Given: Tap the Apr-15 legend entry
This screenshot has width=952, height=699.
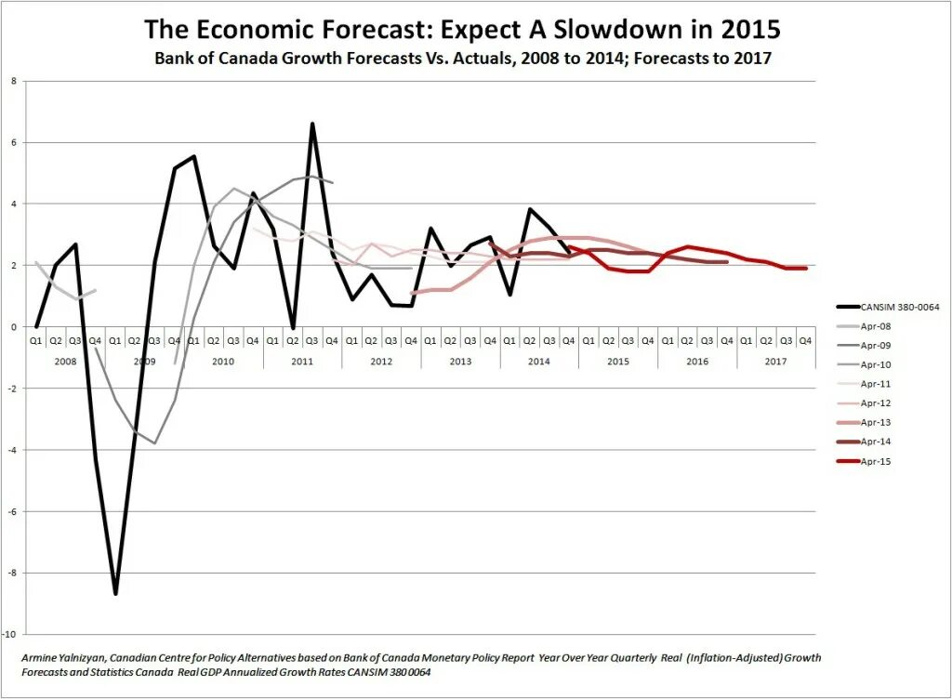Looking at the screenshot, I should coord(876,461).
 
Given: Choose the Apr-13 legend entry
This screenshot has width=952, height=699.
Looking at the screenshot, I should coord(876,422).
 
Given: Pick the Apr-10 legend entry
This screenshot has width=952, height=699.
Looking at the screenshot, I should coord(876,364).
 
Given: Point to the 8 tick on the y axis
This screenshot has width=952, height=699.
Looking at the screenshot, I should coord(14,81).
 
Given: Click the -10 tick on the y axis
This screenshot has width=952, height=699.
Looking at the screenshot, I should coord(11,635).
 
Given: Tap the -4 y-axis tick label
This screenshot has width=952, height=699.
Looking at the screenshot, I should coord(12,450).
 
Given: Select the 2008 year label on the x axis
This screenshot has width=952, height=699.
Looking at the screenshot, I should coord(66,360).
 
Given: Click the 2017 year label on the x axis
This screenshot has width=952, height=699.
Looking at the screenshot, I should coord(776,360).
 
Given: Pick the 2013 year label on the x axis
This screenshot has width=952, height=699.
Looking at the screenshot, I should coord(461,360).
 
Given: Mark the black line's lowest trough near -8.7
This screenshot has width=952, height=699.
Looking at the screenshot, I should coord(115,593).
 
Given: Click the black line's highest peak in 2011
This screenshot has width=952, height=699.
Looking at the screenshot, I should coord(312,124).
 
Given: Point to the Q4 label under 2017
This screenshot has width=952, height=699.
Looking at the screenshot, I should coord(806,340).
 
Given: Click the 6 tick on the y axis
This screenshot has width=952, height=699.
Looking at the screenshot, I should coord(14,142).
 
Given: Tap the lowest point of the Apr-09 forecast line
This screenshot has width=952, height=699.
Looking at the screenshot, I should coord(154,443).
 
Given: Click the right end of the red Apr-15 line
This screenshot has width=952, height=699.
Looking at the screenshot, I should coord(806,268).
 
